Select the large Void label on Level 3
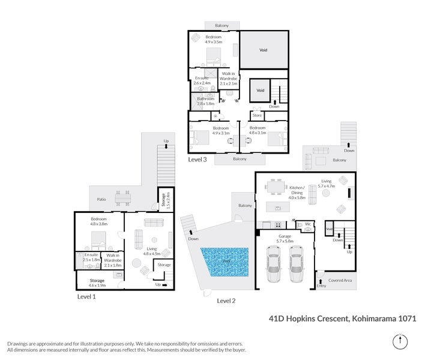click(262, 50)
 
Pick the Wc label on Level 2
click(307, 224)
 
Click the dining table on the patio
click(123, 198)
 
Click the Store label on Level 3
click(257, 115)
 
